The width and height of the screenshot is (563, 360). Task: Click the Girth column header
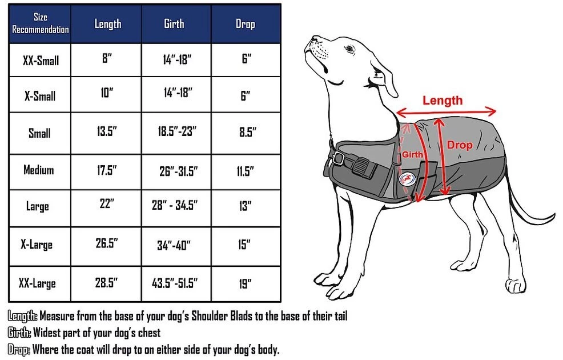(174, 23)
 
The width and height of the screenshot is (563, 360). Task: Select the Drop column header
(245, 23)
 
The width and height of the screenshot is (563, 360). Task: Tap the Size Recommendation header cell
(40, 23)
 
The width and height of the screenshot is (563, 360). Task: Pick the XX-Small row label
(41, 61)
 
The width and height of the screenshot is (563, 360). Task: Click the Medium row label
(39, 170)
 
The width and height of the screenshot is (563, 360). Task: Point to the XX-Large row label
(37, 283)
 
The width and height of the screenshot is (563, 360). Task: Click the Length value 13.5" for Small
(107, 131)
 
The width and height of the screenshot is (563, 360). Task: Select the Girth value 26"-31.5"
(179, 171)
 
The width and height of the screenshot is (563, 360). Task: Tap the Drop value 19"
(245, 284)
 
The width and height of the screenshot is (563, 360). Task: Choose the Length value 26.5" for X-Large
(107, 243)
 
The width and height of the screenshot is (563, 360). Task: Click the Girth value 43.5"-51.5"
(175, 283)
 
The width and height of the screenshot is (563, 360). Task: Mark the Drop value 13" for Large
(245, 206)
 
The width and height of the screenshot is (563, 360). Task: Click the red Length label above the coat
(443, 100)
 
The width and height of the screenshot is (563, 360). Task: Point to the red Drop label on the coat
(459, 145)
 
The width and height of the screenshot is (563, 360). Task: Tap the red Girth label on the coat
(412, 154)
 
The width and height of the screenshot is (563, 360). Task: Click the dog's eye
(349, 49)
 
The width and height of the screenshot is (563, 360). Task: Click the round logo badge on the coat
(407, 178)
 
